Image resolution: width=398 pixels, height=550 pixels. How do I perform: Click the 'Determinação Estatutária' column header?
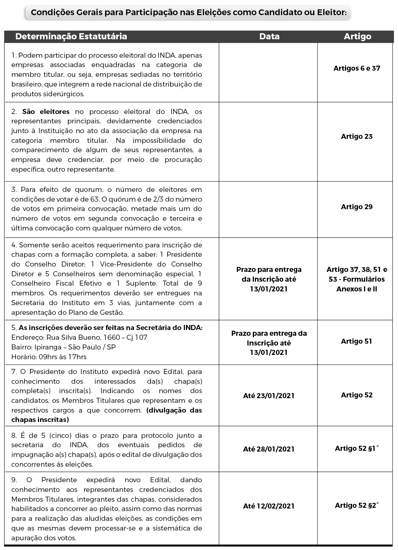click(x=71, y=36)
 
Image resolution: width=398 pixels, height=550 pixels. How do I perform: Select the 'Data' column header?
click(x=269, y=36)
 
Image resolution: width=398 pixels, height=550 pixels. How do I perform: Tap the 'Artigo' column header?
click(x=357, y=36)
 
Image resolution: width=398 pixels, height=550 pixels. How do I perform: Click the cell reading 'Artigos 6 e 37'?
click(x=357, y=68)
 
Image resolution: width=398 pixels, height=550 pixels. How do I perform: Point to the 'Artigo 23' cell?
click(x=357, y=136)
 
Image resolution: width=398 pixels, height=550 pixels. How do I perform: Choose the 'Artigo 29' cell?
click(x=357, y=207)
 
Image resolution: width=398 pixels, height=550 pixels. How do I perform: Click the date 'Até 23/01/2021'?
click(x=269, y=396)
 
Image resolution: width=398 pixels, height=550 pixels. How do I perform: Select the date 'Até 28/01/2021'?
click(x=269, y=449)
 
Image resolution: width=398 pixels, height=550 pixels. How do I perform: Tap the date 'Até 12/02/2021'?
click(x=269, y=506)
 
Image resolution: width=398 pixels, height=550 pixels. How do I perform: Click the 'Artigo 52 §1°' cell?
click(x=357, y=448)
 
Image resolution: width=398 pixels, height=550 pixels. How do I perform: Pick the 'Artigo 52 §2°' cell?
click(x=357, y=505)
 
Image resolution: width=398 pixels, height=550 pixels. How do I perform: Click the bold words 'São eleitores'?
click(x=46, y=111)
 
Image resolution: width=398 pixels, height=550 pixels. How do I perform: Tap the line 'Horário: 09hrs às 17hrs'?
click(x=49, y=357)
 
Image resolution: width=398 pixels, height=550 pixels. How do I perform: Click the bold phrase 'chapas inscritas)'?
click(x=40, y=420)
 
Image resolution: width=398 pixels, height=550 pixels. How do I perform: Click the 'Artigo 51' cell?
click(x=356, y=341)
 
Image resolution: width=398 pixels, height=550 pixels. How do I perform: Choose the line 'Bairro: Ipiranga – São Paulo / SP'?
click(x=64, y=347)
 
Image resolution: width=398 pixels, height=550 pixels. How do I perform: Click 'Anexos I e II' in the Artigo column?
click(x=357, y=289)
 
